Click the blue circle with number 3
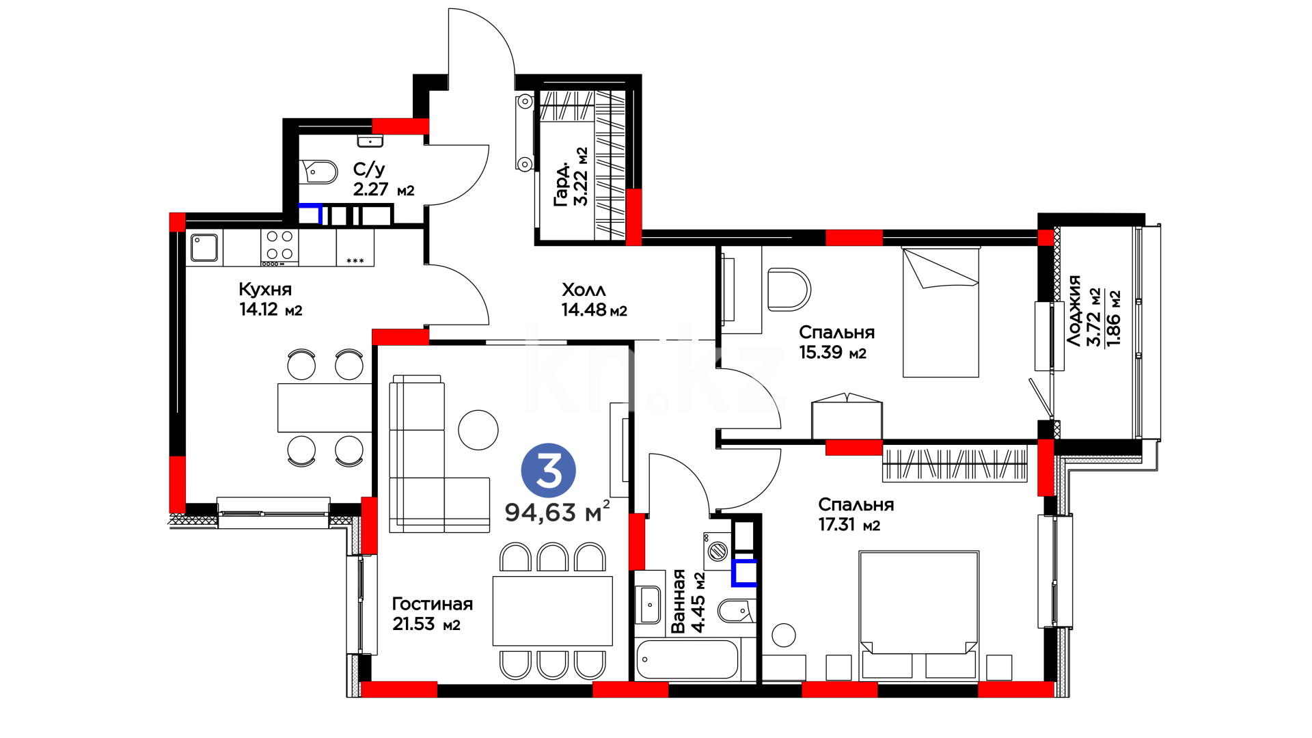548,470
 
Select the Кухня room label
265,289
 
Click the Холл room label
584,290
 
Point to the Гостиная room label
432,604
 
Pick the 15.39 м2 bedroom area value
832,353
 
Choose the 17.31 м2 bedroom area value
849,525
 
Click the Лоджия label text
1074,311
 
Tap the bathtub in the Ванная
687,659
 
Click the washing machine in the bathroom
717,551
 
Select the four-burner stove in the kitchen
279,247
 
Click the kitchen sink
204,247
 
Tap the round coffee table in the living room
478,430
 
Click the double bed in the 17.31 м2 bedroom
919,616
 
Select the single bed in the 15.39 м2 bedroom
940,312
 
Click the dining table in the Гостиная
552,611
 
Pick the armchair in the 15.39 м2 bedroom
789,290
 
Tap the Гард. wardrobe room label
561,184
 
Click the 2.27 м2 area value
383,189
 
